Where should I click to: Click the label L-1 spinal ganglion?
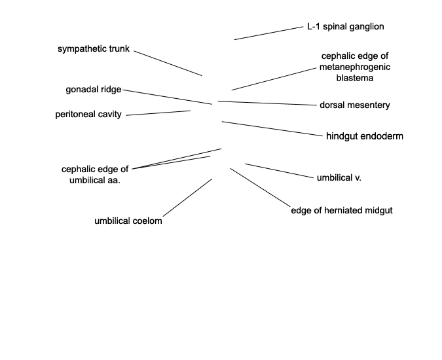[346, 27]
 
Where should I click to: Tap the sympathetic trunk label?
[94, 49]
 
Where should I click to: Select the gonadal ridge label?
[94, 90]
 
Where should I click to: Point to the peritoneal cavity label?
[88, 115]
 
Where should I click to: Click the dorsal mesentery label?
[355, 105]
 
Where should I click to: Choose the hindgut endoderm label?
[365, 136]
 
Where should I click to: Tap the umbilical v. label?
[339, 178]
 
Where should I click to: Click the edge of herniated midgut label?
[342, 210]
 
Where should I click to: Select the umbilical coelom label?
[128, 221]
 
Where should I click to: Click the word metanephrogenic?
[355, 67]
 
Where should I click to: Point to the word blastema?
[355, 78]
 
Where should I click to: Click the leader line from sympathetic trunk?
[168, 63]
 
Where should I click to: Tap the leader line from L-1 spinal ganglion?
[268, 33]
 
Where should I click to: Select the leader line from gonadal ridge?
[168, 97]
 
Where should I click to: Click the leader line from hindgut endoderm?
[272, 129]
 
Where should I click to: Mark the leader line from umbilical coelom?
[187, 198]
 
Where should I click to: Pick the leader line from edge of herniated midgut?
[260, 187]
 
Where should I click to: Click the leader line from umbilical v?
[279, 171]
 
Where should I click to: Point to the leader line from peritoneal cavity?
[158, 113]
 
